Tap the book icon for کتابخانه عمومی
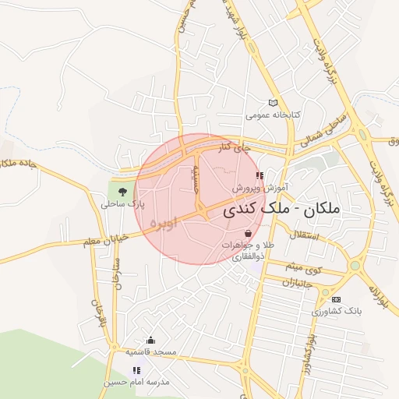[272, 102]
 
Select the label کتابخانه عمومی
[273, 115]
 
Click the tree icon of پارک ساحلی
[122, 191]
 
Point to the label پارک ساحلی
[123, 204]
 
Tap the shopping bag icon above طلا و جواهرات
[248, 233]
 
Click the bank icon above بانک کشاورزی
[336, 299]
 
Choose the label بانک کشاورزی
[337, 312]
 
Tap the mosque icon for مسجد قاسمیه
[150, 340]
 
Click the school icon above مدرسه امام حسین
[136, 370]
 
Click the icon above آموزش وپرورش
[260, 176]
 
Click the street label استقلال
[303, 235]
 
